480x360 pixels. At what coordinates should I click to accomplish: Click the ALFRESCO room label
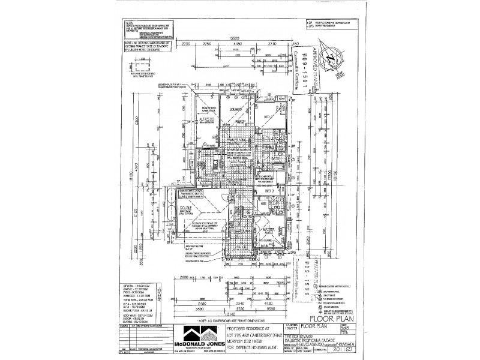click(x=190, y=119)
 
